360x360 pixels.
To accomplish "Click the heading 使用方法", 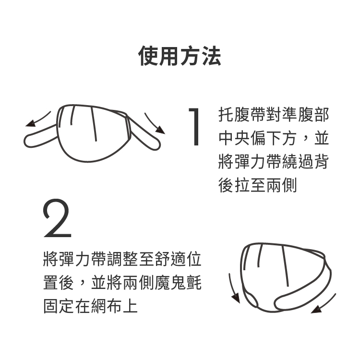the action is [180, 56].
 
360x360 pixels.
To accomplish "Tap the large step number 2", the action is [57, 218].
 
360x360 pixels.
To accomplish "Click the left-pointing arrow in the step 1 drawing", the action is [37, 120].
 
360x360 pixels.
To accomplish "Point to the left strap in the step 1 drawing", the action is [39, 137].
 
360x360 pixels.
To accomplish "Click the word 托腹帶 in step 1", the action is [242, 115].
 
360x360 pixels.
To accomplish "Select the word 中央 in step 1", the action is [234, 138].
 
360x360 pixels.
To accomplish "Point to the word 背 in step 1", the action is [321, 162].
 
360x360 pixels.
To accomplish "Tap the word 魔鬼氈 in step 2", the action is [179, 283].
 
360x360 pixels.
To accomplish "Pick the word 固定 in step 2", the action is [59, 306].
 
